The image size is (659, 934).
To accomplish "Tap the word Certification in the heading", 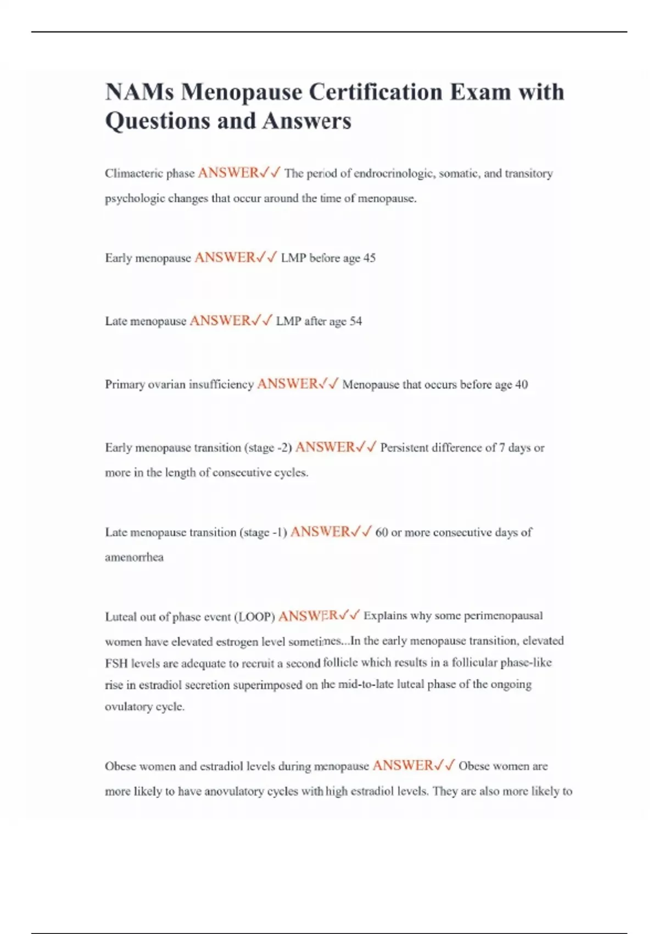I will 375,92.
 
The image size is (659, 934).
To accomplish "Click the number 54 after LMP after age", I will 355,321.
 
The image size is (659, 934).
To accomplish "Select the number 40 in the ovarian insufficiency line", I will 521,385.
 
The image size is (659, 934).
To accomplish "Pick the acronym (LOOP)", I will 254,617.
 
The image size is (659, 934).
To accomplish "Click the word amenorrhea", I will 134,557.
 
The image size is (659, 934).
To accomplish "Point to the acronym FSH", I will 116,663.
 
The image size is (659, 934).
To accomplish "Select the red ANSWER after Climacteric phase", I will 228,173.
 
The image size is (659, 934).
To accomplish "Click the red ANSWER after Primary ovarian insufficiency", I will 287,384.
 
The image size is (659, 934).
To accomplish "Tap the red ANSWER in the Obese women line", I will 403,765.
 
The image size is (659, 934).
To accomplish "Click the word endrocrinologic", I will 394,174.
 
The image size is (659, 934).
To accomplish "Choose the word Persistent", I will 404,448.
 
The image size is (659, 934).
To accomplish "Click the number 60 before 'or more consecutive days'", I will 382,532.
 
